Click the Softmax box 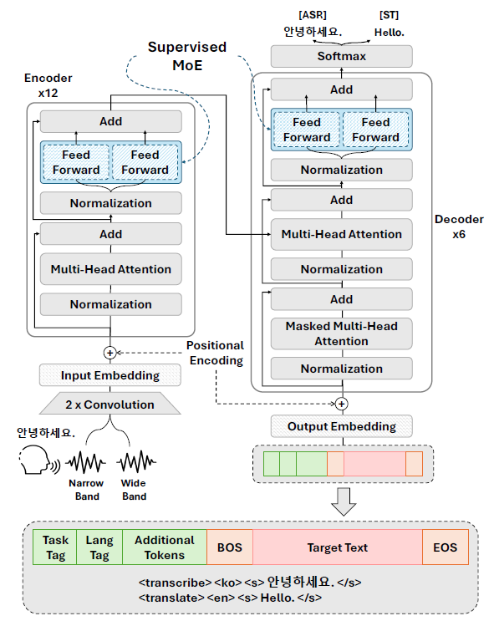[x=342, y=56]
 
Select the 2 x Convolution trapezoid [x=110, y=404]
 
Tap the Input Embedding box [x=110, y=375]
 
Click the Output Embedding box [x=342, y=426]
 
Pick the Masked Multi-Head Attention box [x=342, y=333]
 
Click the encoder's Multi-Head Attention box [x=111, y=269]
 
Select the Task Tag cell [x=55, y=547]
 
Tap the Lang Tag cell [x=99, y=547]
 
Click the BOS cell [x=230, y=547]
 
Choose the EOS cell [x=446, y=547]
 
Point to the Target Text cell [x=338, y=547]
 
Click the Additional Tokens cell [x=165, y=547]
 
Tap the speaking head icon [x=38, y=460]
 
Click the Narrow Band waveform [x=85, y=462]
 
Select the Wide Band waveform [x=136, y=461]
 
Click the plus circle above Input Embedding [x=109, y=353]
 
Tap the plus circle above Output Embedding [x=342, y=404]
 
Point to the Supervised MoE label [x=187, y=56]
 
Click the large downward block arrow [x=343, y=501]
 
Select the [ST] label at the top [x=389, y=15]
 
